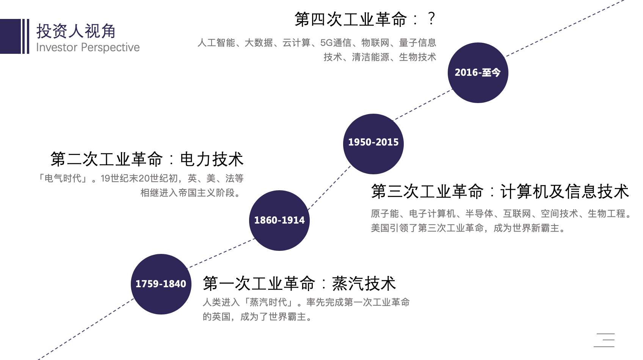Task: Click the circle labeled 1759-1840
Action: click(x=161, y=284)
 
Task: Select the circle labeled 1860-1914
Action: click(x=279, y=220)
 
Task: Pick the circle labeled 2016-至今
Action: click(x=478, y=72)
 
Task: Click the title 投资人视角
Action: click(x=76, y=31)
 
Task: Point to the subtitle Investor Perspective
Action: click(x=88, y=47)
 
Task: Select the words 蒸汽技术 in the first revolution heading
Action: click(x=364, y=283)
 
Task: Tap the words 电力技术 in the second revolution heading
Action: click(x=212, y=159)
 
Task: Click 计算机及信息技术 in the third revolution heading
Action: click(x=565, y=191)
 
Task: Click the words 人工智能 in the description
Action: click(x=216, y=43)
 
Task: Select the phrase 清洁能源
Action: click(x=370, y=57)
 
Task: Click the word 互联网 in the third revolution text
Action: click(x=517, y=214)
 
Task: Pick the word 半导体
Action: click(x=479, y=214)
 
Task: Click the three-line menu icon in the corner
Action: click(x=604, y=340)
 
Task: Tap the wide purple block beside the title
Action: click(x=10, y=36)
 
